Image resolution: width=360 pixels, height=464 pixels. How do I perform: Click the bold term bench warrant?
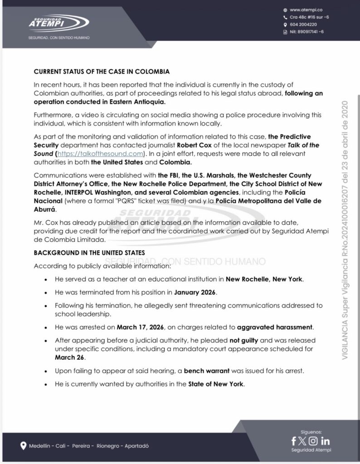(x=203, y=371)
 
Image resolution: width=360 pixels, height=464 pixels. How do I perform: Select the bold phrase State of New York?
(x=216, y=384)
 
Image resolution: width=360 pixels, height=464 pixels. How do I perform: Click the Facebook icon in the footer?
(x=294, y=441)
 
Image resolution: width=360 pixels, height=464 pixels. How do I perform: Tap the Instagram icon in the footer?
(x=313, y=441)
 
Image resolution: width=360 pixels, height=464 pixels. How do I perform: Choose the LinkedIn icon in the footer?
(x=325, y=441)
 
